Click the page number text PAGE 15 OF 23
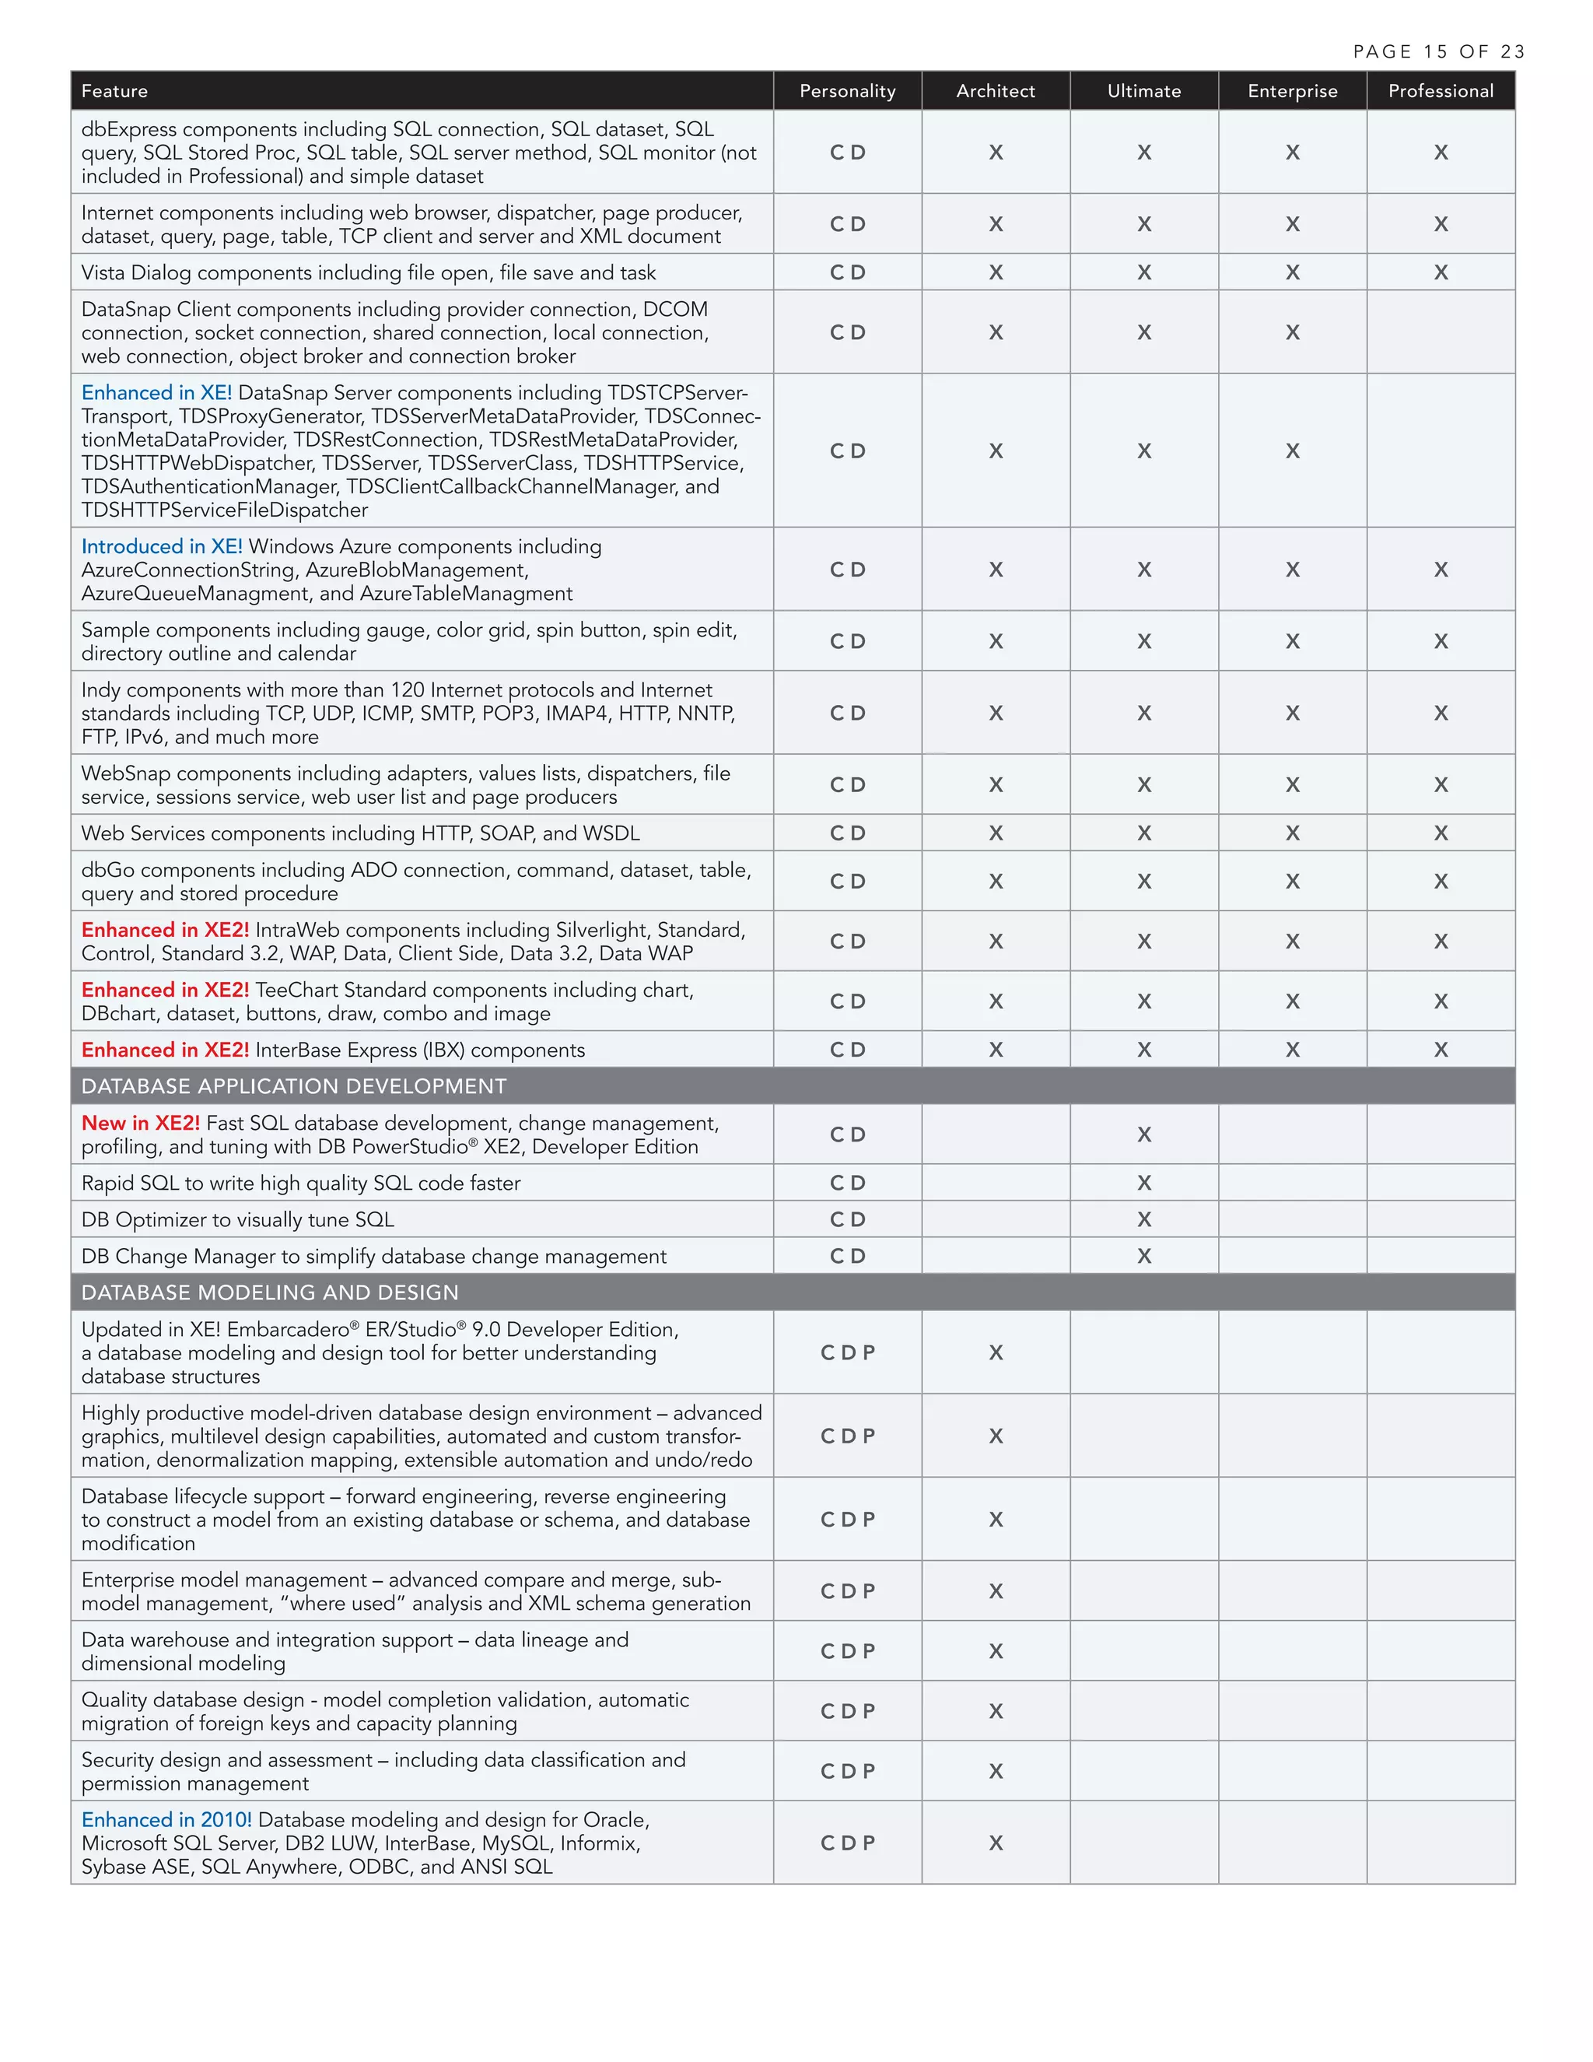pos(1438,52)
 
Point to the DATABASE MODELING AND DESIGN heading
pos(270,1292)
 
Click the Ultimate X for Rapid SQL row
pos(1143,1183)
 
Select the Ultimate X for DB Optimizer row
pos(1143,1220)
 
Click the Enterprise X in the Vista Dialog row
pos(1292,273)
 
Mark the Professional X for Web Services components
pos(1440,833)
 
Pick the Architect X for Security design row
pos(996,1772)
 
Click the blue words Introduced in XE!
pos(161,547)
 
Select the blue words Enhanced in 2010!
pos(166,1820)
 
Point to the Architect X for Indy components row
pos(996,714)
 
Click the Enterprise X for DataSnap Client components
pos(1292,333)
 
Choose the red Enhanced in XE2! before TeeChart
pos(165,991)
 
